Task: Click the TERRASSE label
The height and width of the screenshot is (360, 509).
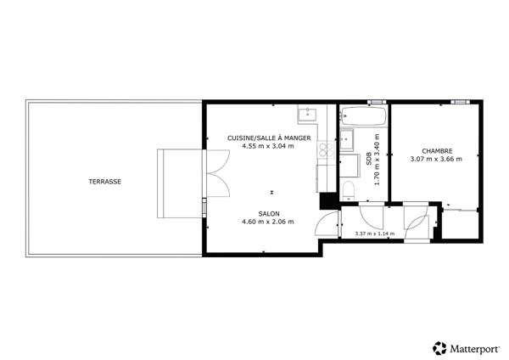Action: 106,182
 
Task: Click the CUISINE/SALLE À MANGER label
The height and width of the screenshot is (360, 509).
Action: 269,138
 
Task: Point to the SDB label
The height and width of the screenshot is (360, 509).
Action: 369,158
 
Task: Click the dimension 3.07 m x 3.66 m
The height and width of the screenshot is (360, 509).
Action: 435,159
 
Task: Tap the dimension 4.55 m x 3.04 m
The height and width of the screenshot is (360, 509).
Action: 268,146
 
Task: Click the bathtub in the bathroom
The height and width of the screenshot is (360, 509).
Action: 363,116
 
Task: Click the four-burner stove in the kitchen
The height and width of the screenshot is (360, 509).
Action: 323,150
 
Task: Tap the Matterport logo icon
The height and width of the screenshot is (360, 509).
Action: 439,346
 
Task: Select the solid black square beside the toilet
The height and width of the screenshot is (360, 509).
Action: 327,201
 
